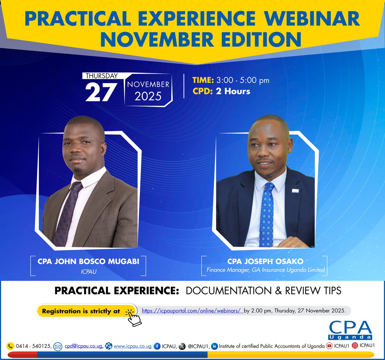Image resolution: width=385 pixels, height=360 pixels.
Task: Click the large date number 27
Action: pos(101,92)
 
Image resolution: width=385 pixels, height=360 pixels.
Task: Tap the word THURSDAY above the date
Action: pos(101,76)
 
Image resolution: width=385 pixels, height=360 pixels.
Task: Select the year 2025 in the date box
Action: pos(148,96)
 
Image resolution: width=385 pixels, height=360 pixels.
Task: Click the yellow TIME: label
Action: pos(203,80)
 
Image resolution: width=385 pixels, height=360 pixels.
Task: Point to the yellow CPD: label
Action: pos(202,91)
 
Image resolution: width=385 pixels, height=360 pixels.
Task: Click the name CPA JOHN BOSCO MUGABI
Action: pos(88,261)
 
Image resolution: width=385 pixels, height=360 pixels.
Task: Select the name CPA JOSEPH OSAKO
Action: pos(265,261)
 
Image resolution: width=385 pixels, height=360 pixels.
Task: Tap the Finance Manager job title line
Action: pos(265,270)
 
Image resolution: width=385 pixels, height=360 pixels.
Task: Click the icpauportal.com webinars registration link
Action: pos(192,311)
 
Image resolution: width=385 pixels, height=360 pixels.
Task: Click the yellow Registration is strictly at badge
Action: pos(81,311)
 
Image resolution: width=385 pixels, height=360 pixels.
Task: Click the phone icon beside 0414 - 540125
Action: pos(11,346)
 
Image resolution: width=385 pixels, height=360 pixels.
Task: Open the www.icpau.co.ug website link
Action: pos(133,346)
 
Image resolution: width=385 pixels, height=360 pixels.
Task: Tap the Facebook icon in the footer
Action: pos(157,346)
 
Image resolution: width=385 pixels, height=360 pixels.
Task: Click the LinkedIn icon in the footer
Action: pos(214,346)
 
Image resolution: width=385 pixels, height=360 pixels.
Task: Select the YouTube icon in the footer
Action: pos(329,346)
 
